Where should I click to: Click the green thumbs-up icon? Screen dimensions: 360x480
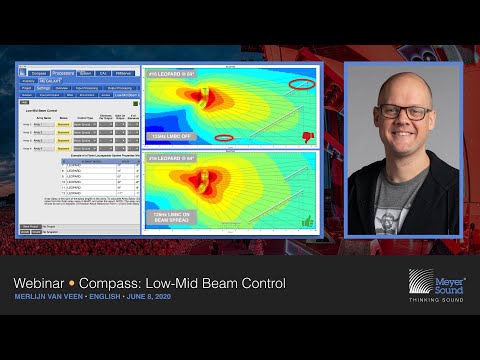pos(306,220)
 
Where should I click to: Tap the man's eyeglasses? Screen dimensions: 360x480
pos(405,112)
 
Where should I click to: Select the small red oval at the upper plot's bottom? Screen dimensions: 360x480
pos(224,137)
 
